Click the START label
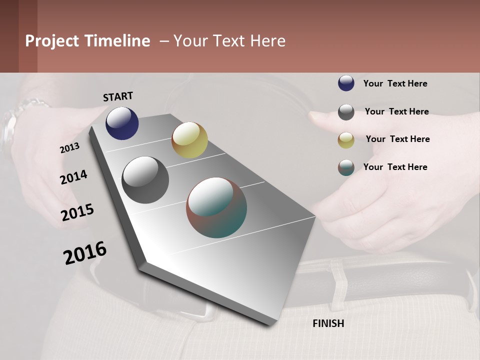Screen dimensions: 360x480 tap(118, 96)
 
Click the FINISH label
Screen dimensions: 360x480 tap(328, 323)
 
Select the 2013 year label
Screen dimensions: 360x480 tap(70, 147)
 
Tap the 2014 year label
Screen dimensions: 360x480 tap(74, 177)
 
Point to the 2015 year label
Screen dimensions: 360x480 tap(77, 212)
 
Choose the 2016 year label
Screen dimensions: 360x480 tap(85, 253)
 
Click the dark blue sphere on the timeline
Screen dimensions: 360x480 tap(122, 123)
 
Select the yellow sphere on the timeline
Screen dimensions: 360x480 tap(189, 140)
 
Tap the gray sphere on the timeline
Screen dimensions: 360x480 tap(145, 180)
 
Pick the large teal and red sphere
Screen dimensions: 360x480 tap(216, 207)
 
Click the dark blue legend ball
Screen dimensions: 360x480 tap(346, 83)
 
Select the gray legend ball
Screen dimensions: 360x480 tap(346, 112)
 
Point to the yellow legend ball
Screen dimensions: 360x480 tap(346, 140)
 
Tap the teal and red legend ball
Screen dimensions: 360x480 tap(346, 167)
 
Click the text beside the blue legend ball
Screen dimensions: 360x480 tap(395, 83)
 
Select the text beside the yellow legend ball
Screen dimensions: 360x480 tap(397, 139)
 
